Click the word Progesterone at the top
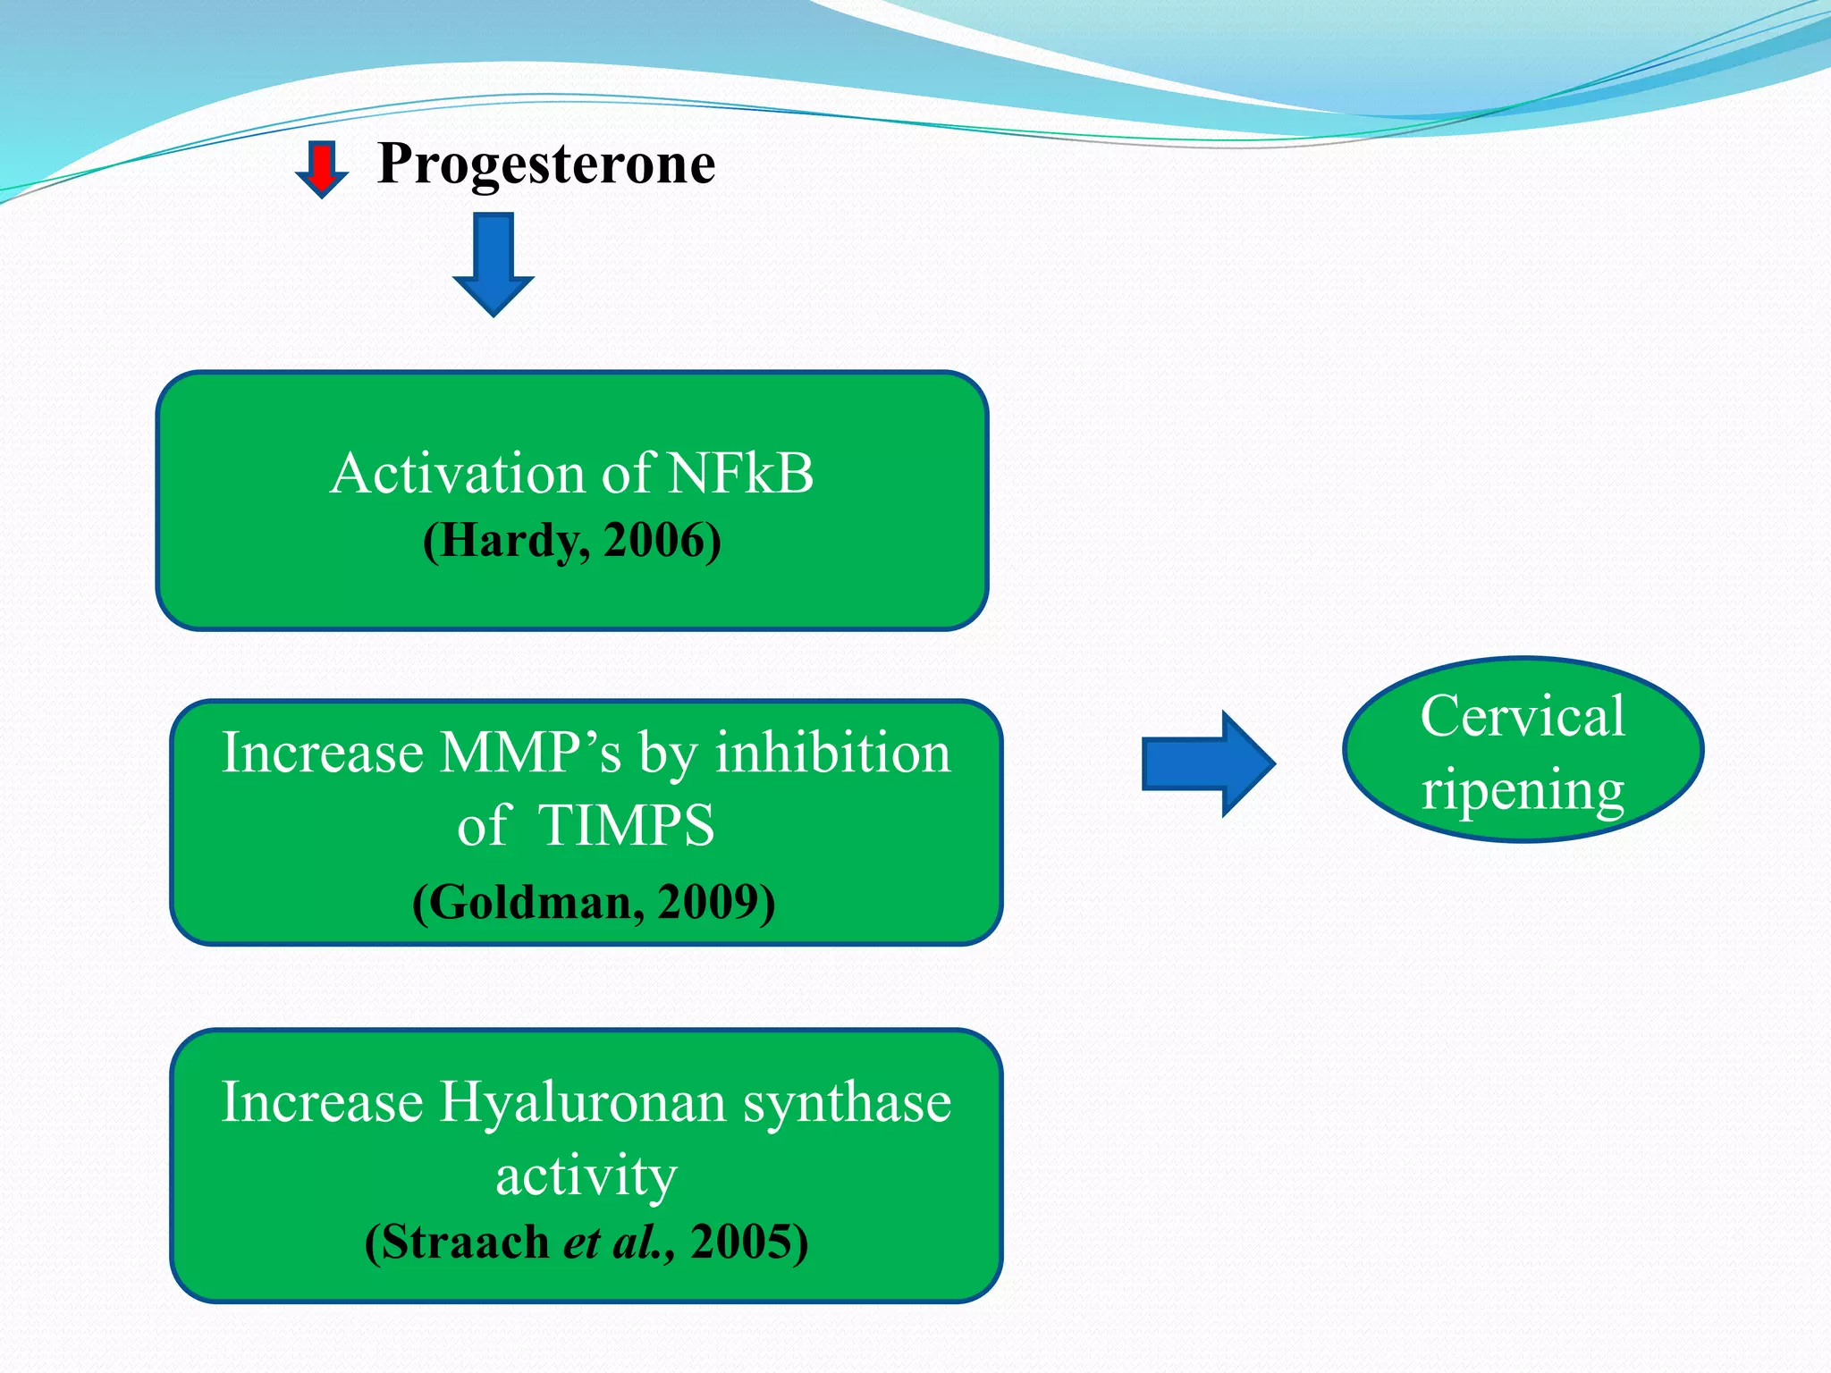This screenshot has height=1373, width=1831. [x=545, y=164]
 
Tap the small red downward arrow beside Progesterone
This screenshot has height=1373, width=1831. [x=321, y=168]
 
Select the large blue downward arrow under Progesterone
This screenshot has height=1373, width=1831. [x=494, y=264]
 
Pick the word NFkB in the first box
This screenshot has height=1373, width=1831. [x=740, y=473]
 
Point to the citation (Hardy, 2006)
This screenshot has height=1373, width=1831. [x=571, y=541]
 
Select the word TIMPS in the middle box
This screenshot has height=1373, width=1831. [x=626, y=825]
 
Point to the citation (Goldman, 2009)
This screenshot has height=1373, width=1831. [x=593, y=902]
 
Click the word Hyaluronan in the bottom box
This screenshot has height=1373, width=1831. [x=582, y=1102]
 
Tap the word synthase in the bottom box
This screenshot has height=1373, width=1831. [x=848, y=1102]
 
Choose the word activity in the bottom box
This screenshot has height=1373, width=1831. [x=586, y=1175]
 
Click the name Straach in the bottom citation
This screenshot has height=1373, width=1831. [x=466, y=1242]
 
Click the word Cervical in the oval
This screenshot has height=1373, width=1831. [x=1523, y=717]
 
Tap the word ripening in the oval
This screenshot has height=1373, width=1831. [x=1523, y=790]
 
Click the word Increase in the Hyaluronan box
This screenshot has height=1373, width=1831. [x=322, y=1102]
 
